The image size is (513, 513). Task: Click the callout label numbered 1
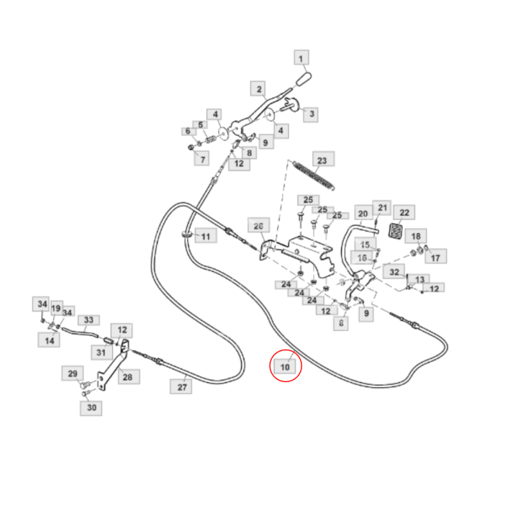[301, 58]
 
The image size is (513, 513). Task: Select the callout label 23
[322, 160]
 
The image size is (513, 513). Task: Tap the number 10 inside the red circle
[285, 367]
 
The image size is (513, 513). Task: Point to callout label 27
[181, 387]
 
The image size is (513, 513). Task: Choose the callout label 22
[405, 213]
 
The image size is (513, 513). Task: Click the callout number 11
[205, 237]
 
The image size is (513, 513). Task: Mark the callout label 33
[88, 320]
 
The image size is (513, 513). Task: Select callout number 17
[435, 258]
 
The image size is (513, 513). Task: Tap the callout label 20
[362, 214]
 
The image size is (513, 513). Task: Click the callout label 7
[203, 158]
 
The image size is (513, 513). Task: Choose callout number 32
[394, 272]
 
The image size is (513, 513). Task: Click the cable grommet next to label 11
[187, 235]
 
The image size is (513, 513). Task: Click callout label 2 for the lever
[260, 89]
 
